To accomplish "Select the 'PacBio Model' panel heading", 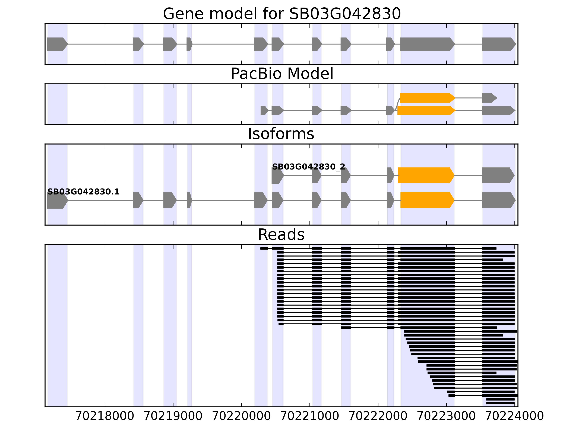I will coord(282,74).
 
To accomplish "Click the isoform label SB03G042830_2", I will coord(308,167).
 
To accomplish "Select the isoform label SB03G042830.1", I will coord(84,192).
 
